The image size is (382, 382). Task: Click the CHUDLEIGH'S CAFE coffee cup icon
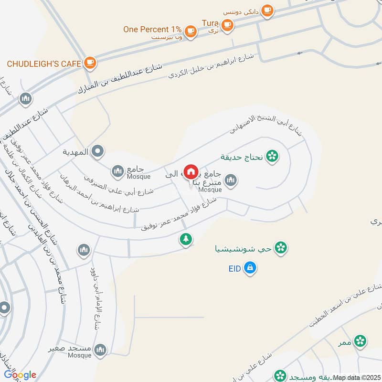tap(90, 62)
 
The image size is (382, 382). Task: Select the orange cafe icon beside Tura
tap(227, 24)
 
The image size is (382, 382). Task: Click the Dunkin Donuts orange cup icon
tap(268, 10)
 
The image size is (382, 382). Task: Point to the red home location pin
tap(191, 171)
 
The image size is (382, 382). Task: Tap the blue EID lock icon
tap(249, 268)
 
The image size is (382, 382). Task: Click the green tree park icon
tap(186, 239)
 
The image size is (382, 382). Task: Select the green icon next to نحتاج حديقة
tap(272, 156)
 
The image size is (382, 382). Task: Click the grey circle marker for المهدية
tap(98, 152)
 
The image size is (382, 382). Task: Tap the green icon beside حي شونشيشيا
tap(282, 248)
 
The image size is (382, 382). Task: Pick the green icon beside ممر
tap(361, 340)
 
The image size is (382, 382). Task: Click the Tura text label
tap(210, 23)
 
